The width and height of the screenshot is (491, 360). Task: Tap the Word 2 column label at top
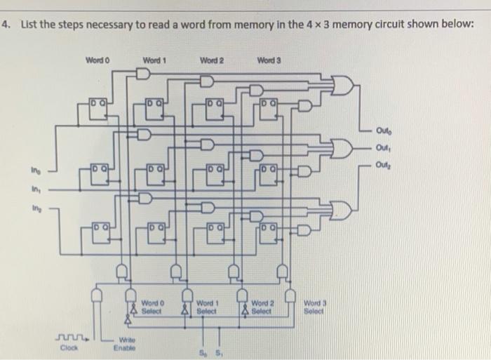[211, 60]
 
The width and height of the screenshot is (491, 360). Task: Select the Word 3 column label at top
[269, 60]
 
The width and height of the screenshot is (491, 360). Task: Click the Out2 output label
[384, 166]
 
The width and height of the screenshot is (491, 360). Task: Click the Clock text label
[67, 346]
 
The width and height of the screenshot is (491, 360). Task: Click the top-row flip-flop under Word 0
[97, 109]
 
